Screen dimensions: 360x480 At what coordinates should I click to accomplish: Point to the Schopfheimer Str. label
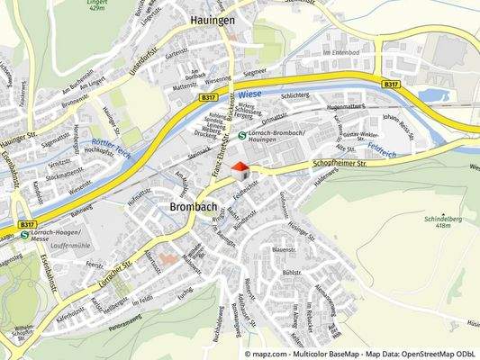click(366, 164)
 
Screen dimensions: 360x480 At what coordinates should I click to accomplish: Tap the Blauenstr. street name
click(284, 249)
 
